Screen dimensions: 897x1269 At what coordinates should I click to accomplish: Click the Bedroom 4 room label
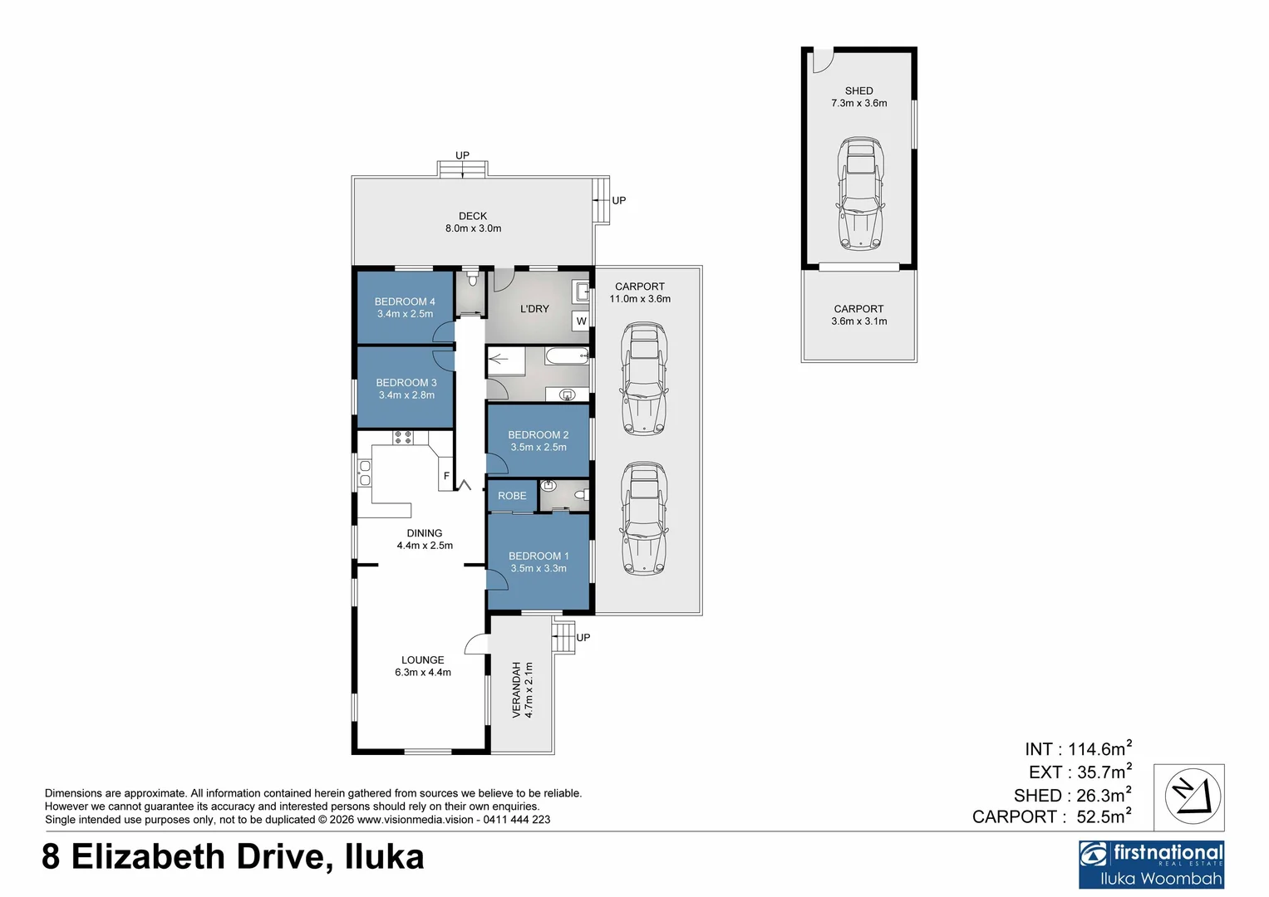coord(405,301)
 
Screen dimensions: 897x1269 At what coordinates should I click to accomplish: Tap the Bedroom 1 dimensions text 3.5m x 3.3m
coord(539,569)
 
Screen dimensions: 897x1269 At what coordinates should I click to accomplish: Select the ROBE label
coord(512,496)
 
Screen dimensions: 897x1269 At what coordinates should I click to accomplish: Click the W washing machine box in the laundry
coord(581,321)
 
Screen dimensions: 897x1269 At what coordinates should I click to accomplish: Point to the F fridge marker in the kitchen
coord(446,476)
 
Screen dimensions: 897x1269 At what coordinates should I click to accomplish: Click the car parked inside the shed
coord(859,194)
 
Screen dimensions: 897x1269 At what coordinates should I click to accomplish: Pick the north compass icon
coord(1193,797)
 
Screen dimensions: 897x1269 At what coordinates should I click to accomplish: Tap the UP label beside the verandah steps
coord(583,638)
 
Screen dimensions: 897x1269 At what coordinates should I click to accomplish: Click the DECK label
coord(473,216)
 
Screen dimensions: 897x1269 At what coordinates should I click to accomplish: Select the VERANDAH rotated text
coord(516,689)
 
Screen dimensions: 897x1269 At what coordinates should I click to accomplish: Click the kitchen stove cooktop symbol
coord(403,438)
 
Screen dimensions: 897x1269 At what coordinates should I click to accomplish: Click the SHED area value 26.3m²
coord(1100,796)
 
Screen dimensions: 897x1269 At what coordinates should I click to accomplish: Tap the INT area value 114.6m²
coord(1099,749)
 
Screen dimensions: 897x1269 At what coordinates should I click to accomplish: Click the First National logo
coord(1151,864)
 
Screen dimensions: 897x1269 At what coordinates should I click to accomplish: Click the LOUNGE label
coord(423,660)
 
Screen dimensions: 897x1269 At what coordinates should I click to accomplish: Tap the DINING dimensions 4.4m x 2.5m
coord(425,546)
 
